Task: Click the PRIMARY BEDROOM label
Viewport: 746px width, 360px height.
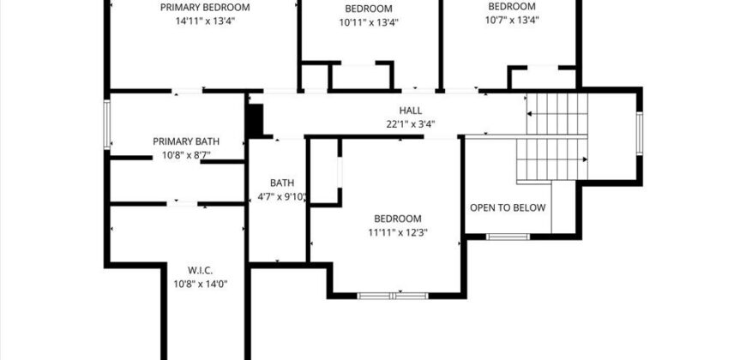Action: point(205,8)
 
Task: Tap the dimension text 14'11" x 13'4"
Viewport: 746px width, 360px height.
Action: point(205,21)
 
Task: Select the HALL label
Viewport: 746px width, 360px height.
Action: point(411,111)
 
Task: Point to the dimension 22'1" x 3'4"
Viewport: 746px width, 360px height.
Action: point(411,123)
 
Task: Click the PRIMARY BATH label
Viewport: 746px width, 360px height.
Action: point(186,141)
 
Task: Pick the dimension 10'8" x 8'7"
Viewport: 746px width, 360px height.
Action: point(186,155)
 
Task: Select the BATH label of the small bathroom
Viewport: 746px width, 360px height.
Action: point(282,183)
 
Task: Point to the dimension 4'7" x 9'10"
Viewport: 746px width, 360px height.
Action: point(282,196)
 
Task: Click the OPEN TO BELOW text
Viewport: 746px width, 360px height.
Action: point(508,208)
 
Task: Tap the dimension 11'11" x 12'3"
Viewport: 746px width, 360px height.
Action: point(398,232)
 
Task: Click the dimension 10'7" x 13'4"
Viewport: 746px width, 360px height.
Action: point(511,21)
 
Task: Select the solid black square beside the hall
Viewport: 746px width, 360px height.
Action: point(255,120)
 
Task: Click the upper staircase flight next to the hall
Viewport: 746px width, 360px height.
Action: point(557,115)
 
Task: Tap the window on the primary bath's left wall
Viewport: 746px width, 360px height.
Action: point(107,125)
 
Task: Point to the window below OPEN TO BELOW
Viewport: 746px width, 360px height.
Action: point(508,236)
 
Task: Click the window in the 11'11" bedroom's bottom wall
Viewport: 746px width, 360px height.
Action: point(392,296)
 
